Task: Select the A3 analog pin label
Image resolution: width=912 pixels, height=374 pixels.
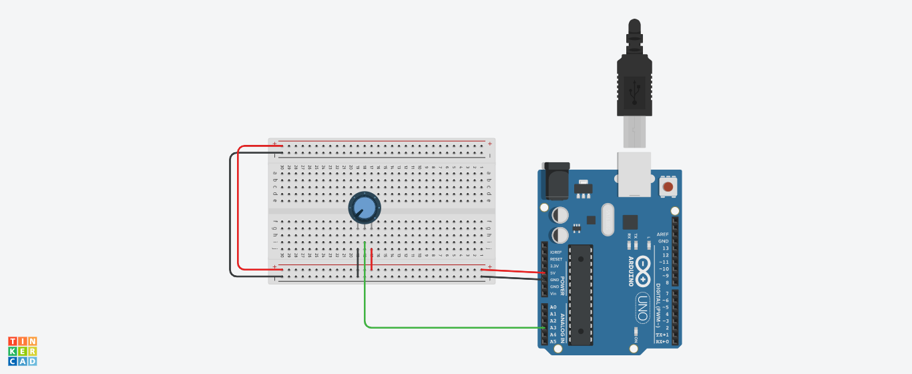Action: click(x=553, y=328)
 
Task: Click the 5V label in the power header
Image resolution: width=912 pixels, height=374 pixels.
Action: click(x=553, y=272)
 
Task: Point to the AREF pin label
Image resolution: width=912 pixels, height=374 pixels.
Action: click(x=662, y=234)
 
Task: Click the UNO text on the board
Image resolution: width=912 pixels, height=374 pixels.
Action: click(x=643, y=309)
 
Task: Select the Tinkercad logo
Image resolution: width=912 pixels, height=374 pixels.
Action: click(x=22, y=351)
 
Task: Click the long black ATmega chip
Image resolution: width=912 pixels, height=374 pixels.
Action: click(x=582, y=294)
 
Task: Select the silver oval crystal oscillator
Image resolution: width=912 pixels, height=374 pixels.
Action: click(x=607, y=220)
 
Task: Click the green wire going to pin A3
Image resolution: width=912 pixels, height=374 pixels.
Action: click(x=454, y=327)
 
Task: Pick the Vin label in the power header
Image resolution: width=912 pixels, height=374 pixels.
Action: click(x=553, y=293)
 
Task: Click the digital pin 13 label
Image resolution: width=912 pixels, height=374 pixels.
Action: click(x=664, y=248)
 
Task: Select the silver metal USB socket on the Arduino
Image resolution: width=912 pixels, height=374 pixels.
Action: click(x=634, y=174)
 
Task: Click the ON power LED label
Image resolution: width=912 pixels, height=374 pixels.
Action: click(x=636, y=339)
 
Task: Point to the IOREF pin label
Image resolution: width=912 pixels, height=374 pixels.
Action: click(x=555, y=252)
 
